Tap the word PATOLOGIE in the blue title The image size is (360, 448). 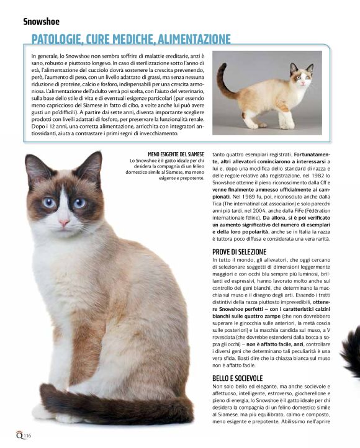(61, 40)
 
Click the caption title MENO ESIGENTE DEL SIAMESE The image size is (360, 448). (176, 153)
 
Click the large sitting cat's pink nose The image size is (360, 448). (63, 222)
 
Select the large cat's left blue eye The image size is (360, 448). (49, 202)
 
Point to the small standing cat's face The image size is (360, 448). (302, 78)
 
